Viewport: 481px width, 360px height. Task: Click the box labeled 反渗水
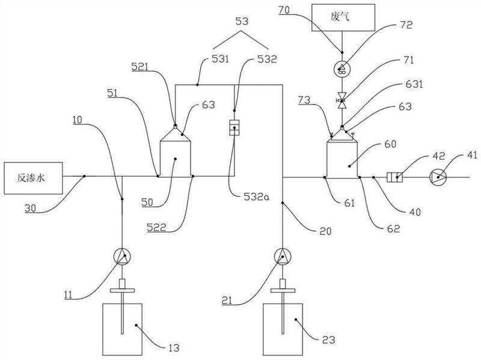(x=33, y=178)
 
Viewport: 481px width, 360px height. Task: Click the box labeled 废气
(x=343, y=17)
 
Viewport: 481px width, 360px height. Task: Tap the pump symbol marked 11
(x=122, y=257)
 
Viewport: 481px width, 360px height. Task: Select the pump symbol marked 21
(x=283, y=257)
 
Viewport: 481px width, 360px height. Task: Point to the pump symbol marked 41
(x=438, y=177)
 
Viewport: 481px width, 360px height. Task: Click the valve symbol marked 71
(x=342, y=100)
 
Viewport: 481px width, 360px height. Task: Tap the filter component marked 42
(x=394, y=177)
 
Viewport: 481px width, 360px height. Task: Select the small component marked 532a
(x=234, y=128)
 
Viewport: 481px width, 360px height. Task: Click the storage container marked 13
(x=122, y=329)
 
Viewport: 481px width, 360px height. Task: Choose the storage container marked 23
(x=283, y=329)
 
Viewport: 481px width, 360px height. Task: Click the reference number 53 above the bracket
(x=242, y=22)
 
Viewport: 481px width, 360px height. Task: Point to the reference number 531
(x=220, y=58)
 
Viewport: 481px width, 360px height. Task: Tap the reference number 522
(x=156, y=227)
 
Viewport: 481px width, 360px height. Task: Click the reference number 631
(x=414, y=84)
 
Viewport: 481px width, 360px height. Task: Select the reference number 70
(x=284, y=10)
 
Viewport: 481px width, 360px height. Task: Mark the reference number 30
(x=31, y=209)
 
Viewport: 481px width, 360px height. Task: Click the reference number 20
(x=325, y=231)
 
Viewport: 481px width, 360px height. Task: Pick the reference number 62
(x=394, y=228)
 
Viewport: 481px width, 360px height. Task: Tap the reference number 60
(x=390, y=144)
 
